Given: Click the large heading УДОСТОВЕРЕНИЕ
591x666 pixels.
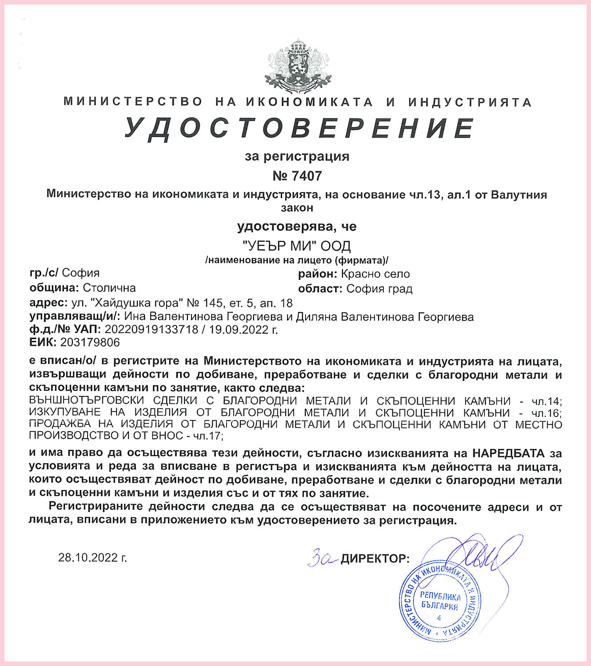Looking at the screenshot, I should (x=299, y=128).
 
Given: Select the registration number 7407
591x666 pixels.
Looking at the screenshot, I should (x=307, y=176).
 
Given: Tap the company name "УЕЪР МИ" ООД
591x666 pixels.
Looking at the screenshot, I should (x=297, y=246).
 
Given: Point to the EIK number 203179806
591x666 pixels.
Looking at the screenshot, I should (x=90, y=342).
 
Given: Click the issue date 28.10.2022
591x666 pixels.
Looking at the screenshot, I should (x=92, y=558).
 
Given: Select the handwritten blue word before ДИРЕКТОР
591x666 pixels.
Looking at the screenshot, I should (x=322, y=557).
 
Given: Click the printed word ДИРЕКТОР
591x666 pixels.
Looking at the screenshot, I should (x=375, y=559).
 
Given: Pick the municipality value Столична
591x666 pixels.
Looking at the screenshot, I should (x=109, y=288).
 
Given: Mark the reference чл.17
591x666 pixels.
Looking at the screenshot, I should (x=207, y=436).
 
